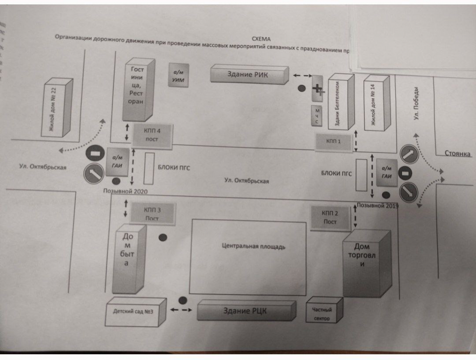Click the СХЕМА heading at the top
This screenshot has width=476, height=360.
tap(261, 39)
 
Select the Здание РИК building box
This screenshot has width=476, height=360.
tap(249, 74)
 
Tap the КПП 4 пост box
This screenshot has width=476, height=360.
tap(152, 135)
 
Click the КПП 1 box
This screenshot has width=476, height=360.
tap(333, 141)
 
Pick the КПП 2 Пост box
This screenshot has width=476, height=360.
tap(330, 218)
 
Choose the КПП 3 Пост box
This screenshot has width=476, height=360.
tap(152, 214)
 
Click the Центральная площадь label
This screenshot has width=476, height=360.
tap(253, 246)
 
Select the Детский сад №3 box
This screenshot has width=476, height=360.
tap(133, 311)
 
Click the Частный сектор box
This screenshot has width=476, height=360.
tap(322, 314)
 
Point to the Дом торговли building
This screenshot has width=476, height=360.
tap(362, 255)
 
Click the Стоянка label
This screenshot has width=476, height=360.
tap(457, 154)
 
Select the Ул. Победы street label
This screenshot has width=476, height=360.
tap(416, 103)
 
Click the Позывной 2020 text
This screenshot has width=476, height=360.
tap(125, 191)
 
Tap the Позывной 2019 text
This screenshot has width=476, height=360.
tap(377, 205)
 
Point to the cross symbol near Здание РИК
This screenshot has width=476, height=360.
tap(318, 89)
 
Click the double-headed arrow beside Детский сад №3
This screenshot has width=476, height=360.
tap(181, 310)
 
